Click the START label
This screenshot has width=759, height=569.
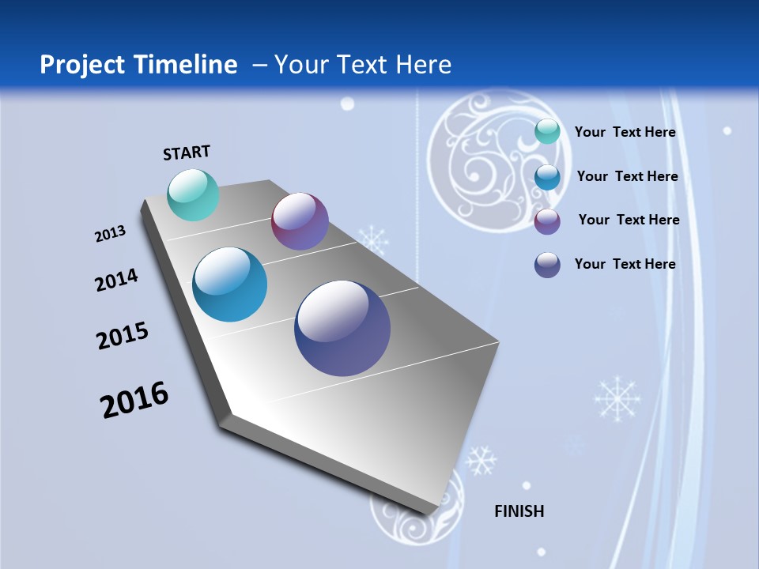(x=187, y=153)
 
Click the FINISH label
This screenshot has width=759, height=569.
(x=519, y=511)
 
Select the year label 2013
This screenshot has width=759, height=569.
(x=110, y=234)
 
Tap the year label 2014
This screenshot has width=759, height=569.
(x=116, y=280)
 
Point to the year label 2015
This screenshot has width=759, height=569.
(x=123, y=336)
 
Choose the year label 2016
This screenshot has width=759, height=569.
(x=134, y=400)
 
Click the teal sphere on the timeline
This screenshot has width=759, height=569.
(x=194, y=194)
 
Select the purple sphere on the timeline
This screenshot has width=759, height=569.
(x=300, y=221)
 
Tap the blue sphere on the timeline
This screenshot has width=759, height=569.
(x=230, y=284)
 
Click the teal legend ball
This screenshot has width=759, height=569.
(x=547, y=132)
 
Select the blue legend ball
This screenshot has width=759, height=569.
(x=547, y=176)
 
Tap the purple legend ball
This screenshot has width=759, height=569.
(x=547, y=220)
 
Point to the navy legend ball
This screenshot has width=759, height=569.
(x=547, y=265)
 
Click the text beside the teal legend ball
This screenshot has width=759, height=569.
(x=625, y=132)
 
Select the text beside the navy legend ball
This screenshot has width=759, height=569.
(x=625, y=264)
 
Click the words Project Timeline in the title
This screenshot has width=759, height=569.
(x=138, y=65)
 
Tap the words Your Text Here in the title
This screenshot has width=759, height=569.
(x=362, y=65)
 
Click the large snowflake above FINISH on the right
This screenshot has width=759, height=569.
(x=617, y=398)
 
